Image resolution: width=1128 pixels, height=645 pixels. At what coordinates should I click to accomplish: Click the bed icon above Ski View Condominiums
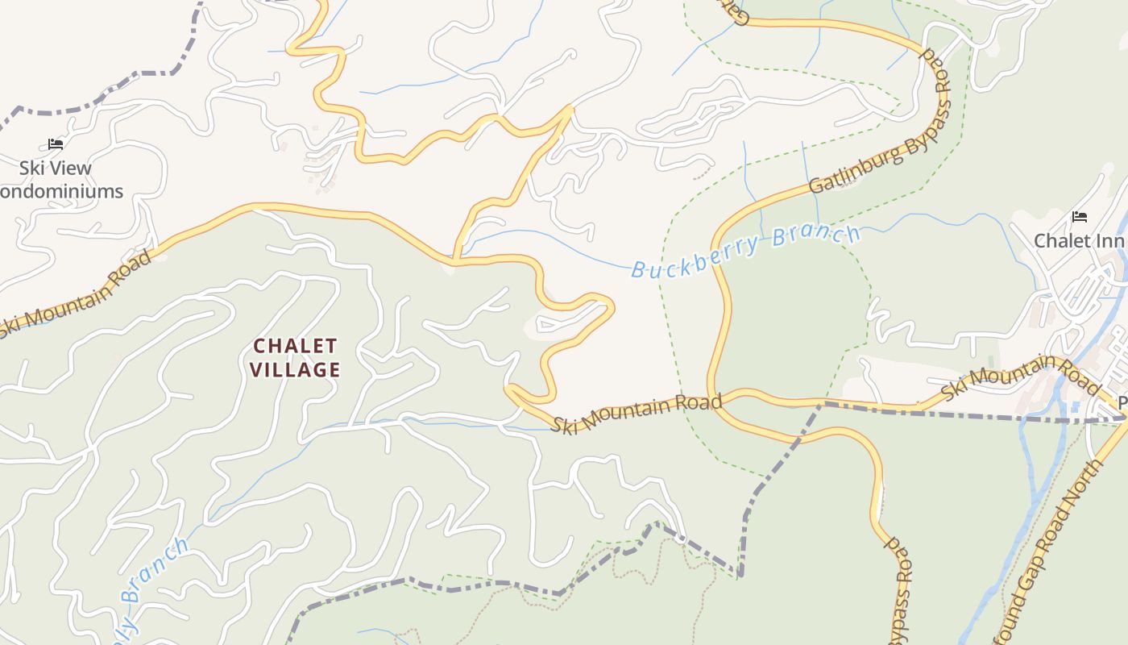(56, 144)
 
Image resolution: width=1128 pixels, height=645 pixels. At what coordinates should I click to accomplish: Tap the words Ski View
(56, 169)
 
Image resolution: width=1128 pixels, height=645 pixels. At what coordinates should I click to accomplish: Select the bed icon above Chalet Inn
(1080, 217)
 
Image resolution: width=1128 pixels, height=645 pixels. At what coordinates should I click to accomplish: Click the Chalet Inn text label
(1079, 240)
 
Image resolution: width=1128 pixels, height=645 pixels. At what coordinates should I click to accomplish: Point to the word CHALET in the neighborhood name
(295, 346)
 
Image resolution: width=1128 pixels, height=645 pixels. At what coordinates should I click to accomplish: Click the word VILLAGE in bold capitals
(295, 370)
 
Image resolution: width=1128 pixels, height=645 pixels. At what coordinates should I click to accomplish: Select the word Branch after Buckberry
(816, 237)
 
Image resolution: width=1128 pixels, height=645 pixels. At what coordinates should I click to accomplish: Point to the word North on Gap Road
(1082, 489)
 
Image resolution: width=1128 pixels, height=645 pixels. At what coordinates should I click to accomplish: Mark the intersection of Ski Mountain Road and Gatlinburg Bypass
(720, 401)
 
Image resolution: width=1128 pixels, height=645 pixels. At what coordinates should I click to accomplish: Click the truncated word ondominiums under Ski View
(62, 192)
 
